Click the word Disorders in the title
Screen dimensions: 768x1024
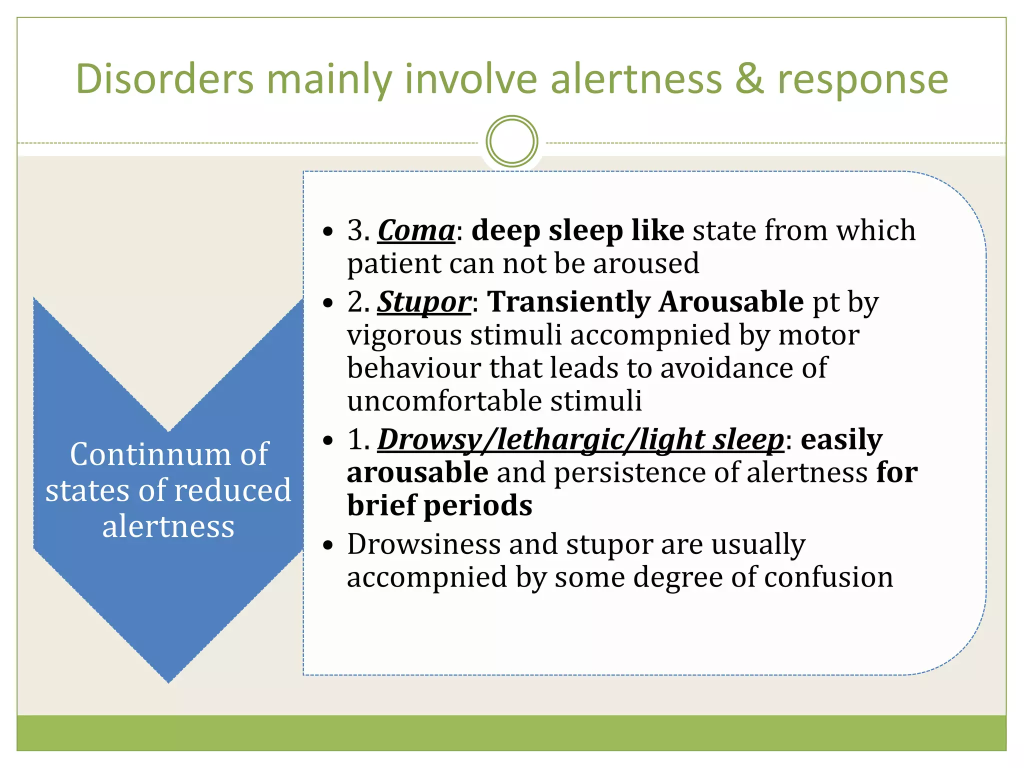tap(164, 79)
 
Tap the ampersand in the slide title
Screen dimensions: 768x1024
tap(749, 79)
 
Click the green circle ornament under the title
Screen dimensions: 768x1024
tap(511, 141)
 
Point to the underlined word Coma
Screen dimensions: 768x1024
tap(416, 231)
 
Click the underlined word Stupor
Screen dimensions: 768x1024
tap(424, 302)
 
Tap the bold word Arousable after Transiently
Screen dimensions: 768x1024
tap(731, 302)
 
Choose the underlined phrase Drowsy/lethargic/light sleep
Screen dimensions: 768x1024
tap(580, 440)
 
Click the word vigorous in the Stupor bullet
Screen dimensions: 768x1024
tap(404, 336)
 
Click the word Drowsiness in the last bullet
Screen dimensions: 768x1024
tap(424, 544)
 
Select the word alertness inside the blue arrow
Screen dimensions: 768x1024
tap(168, 526)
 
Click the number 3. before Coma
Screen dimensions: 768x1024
tap(358, 231)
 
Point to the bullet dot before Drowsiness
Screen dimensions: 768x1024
tap(328, 545)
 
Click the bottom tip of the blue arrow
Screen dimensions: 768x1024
tap(169, 680)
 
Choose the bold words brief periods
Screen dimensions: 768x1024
tap(439, 505)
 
